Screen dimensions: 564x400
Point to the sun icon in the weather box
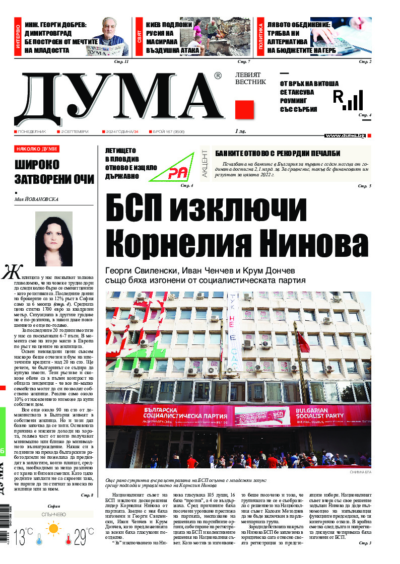[53, 528]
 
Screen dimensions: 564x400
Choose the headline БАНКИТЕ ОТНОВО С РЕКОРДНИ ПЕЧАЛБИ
[278, 154]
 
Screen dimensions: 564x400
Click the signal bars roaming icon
[348, 101]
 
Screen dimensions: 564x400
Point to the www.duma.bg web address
[345, 136]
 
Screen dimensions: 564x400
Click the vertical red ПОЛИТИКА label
[260, 38]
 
